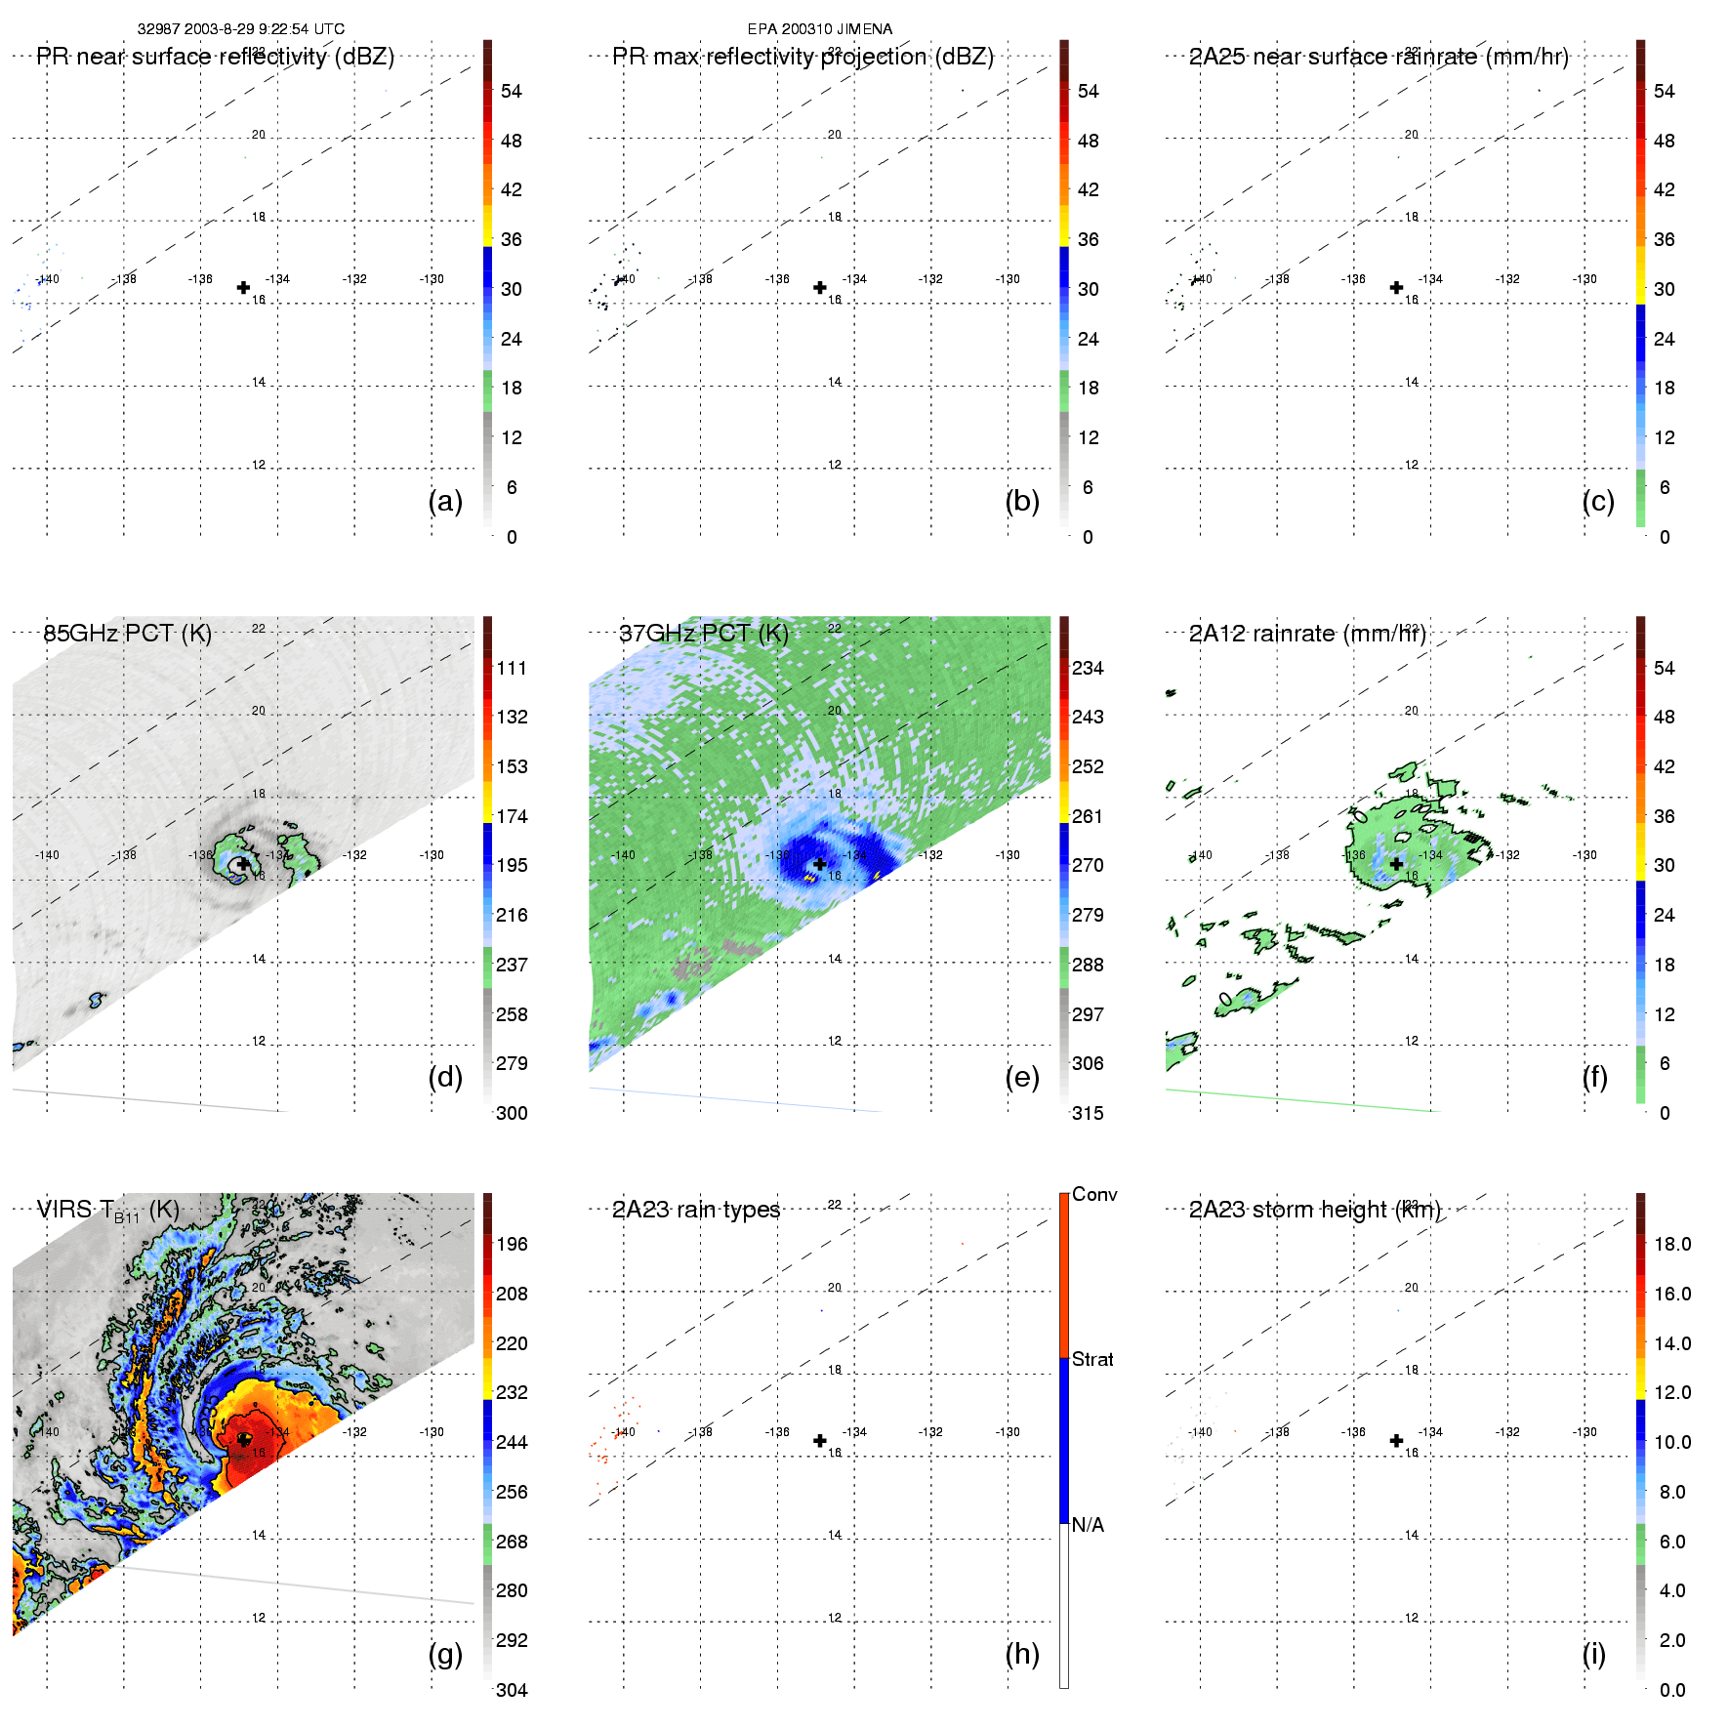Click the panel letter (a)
click(x=445, y=502)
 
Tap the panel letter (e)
click(x=1022, y=1078)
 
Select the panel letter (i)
click(x=1594, y=1655)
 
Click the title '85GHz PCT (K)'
click(x=127, y=634)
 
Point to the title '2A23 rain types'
click(x=696, y=1211)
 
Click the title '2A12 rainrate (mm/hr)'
click(x=1307, y=634)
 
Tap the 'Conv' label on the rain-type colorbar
click(x=1094, y=1195)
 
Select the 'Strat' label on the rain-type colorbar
click(x=1092, y=1360)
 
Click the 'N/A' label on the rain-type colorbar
click(x=1088, y=1525)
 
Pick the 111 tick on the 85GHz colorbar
click(x=512, y=669)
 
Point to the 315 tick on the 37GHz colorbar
click(x=1088, y=1114)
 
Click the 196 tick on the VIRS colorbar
click(x=512, y=1245)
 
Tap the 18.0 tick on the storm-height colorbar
click(x=1672, y=1245)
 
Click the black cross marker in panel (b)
click(x=820, y=288)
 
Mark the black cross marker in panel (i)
click(x=1397, y=1441)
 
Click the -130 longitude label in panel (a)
click(x=432, y=279)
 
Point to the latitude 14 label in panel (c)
click(x=1412, y=382)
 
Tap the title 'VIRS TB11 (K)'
click(x=107, y=1211)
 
